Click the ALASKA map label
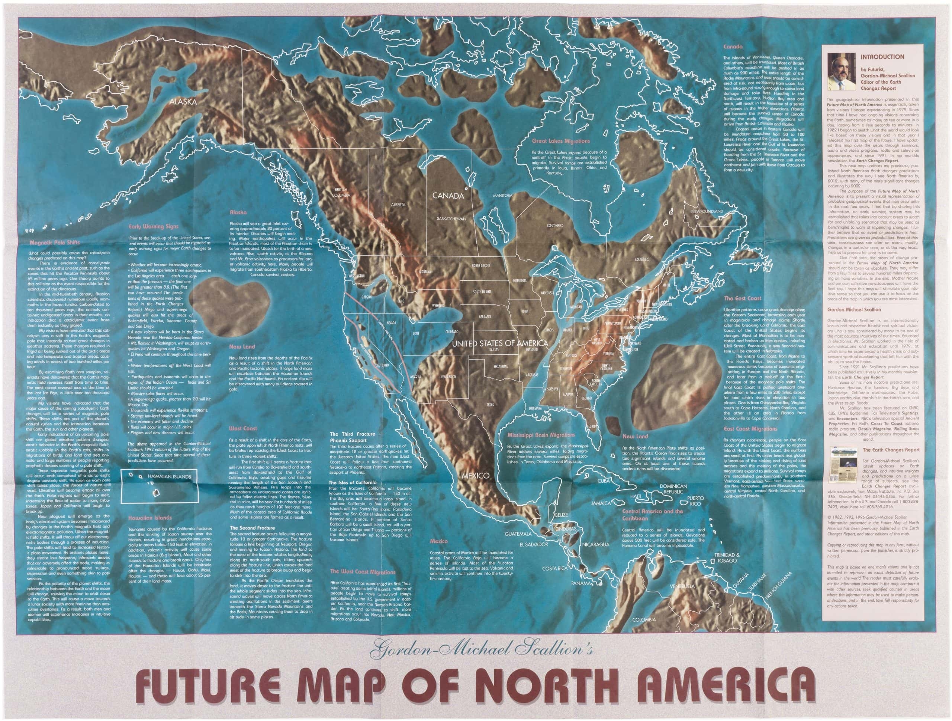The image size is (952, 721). click(x=183, y=102)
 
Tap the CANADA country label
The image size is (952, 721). click(x=448, y=196)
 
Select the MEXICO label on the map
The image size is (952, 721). click(x=475, y=476)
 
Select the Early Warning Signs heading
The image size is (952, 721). click(x=153, y=226)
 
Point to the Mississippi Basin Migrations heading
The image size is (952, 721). click(x=541, y=435)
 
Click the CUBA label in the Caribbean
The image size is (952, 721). click(x=604, y=481)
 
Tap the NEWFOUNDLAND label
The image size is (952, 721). click(x=707, y=212)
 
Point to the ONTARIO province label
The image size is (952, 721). click(x=555, y=226)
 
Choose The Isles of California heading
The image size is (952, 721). click(x=353, y=483)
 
